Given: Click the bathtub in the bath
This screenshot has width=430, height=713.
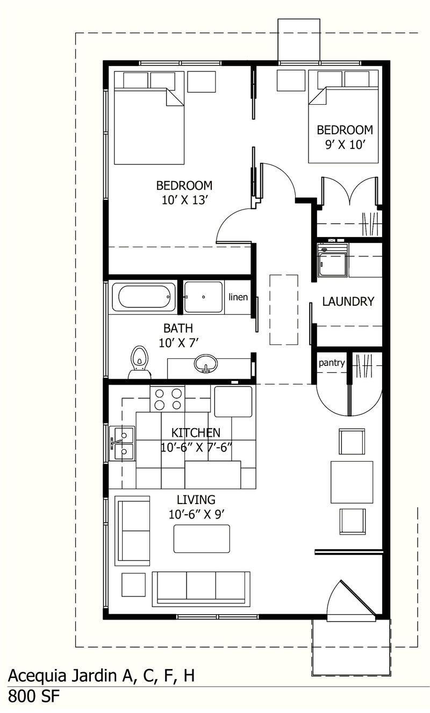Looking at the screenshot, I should pyautogui.click(x=144, y=297).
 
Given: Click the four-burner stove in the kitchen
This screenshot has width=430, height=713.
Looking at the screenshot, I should pyautogui.click(x=167, y=399).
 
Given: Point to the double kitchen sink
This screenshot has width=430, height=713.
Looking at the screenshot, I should pyautogui.click(x=123, y=443).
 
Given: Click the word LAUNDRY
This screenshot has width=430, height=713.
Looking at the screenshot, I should pyautogui.click(x=348, y=301).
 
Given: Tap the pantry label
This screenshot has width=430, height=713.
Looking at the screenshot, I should pyautogui.click(x=332, y=363).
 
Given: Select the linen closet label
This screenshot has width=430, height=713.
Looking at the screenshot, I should pyautogui.click(x=238, y=297).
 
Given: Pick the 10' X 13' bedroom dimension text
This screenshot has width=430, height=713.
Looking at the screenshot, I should pyautogui.click(x=184, y=200).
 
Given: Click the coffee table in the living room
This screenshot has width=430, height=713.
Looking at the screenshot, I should pyautogui.click(x=202, y=538).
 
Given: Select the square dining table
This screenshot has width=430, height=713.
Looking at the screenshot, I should pyautogui.click(x=352, y=481).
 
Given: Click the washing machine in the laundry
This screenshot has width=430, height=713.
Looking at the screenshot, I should pyautogui.click(x=333, y=261).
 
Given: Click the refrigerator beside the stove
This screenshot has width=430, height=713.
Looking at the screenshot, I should pyautogui.click(x=233, y=401).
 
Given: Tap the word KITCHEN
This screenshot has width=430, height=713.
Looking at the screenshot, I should pyautogui.click(x=196, y=433).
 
